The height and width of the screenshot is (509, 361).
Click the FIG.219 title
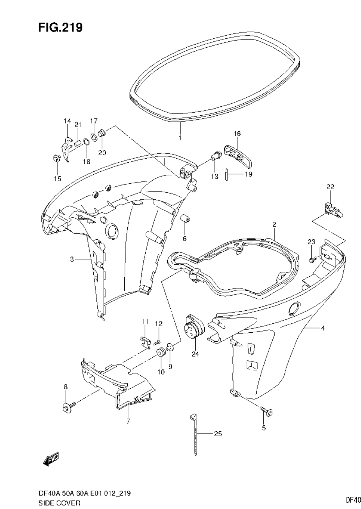point(60,27)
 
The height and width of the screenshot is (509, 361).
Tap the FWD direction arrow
point(51,458)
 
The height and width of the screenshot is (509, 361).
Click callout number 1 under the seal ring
point(180,138)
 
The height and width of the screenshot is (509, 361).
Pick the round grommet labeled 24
point(194,328)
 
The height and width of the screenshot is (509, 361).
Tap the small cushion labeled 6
point(185,219)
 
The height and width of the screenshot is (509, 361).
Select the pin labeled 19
point(226,174)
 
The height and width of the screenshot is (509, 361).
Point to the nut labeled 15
point(56,158)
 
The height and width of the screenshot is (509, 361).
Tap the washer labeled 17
point(94,137)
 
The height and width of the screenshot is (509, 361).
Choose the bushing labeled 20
point(103,134)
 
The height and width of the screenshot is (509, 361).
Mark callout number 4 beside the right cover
point(322,328)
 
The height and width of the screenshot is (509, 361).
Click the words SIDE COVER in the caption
point(60,503)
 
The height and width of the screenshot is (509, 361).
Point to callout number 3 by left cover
point(72,259)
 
